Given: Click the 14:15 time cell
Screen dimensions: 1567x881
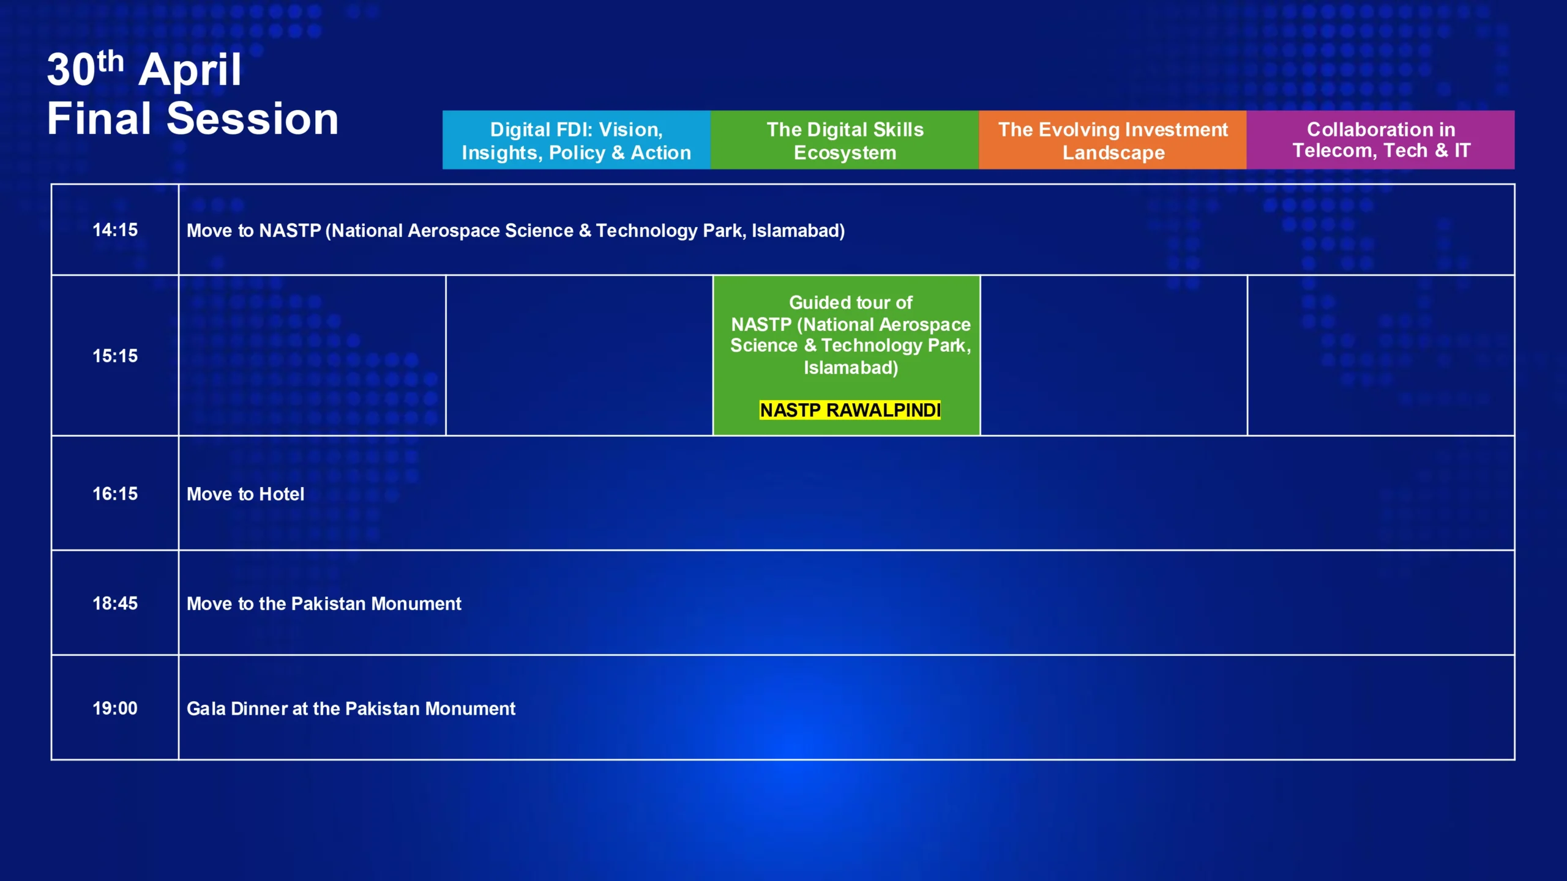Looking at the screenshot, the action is point(115,230).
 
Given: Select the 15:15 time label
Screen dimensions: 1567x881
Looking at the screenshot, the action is point(115,356).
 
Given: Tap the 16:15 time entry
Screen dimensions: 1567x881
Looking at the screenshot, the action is point(115,494).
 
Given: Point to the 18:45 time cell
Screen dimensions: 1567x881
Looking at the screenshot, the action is point(115,603).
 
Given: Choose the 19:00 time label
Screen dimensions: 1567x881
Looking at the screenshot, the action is point(115,708).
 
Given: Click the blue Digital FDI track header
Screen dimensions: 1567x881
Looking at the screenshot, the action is point(577,140).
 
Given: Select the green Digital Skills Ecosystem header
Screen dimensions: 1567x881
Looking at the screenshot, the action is point(845,140).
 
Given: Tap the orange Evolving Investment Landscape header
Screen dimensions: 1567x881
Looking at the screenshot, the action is point(1113,140).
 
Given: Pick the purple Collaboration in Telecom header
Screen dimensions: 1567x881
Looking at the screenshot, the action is point(1381,140).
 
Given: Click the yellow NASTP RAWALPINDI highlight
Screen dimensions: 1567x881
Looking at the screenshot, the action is point(850,410).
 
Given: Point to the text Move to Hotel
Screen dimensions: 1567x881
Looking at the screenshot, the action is point(245,494).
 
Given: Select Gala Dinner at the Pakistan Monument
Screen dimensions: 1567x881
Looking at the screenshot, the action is point(351,708).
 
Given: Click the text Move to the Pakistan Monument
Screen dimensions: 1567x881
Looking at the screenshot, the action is point(324,604).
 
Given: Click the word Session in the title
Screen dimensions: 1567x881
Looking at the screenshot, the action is point(252,119).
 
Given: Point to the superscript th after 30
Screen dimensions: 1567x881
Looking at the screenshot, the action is point(110,61).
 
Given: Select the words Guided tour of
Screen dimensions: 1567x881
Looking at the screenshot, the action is point(850,302).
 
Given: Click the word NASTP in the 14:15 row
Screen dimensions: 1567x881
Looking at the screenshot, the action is point(290,231).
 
